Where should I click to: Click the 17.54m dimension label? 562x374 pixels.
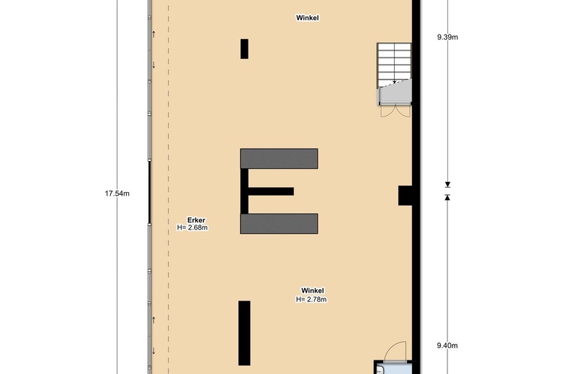tap(117, 193)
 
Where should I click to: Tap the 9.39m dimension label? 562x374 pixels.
tap(447, 37)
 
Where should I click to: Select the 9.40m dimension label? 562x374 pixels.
tap(447, 345)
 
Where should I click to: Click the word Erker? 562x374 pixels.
tap(197, 220)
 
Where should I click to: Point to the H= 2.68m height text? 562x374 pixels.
tap(192, 227)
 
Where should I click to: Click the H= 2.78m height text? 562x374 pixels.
tap(311, 299)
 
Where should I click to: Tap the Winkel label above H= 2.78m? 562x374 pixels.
tap(313, 291)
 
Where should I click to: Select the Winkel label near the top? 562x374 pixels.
tap(308, 17)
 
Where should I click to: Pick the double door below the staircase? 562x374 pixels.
tap(396, 111)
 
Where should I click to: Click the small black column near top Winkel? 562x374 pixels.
tap(244, 49)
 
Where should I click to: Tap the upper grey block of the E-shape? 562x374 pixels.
tap(279, 158)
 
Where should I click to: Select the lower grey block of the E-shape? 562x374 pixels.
tap(279, 224)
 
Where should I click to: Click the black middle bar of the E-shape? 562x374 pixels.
tap(271, 191)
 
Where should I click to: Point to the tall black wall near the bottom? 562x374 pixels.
tap(244, 333)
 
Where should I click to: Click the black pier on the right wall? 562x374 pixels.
tap(406, 196)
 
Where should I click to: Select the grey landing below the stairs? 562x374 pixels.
tap(396, 93)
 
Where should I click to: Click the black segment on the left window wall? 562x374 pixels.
tap(149, 193)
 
